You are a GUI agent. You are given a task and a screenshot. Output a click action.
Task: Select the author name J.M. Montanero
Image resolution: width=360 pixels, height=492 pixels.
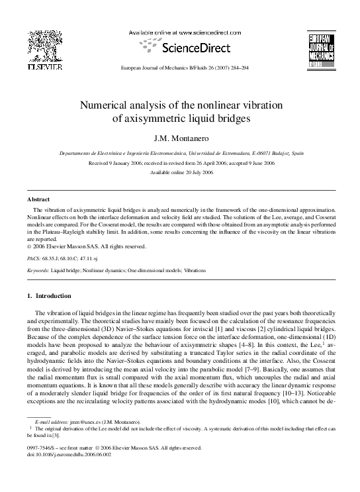180,138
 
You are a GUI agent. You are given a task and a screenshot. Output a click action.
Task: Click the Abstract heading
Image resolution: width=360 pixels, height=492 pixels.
38,199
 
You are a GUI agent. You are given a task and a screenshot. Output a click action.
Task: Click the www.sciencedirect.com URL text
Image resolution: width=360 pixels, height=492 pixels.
204,32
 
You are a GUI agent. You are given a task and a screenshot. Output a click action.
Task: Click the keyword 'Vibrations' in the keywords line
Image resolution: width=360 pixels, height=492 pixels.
192,271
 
